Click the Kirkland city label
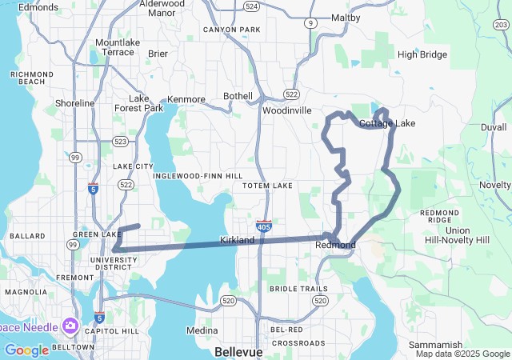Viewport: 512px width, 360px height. point(237,240)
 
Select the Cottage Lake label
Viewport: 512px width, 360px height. point(387,123)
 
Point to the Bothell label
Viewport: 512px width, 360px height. point(238,96)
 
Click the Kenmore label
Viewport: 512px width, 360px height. point(186,99)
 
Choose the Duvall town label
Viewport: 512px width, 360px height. point(494,127)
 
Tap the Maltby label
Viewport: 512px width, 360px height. point(346,18)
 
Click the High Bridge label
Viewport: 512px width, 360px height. point(422,54)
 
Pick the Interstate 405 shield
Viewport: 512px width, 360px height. point(264,226)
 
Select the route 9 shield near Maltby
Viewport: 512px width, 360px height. point(310,23)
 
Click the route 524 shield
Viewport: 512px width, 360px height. point(252,6)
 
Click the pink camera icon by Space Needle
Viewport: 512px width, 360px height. point(70,326)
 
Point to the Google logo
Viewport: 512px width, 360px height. point(26,350)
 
